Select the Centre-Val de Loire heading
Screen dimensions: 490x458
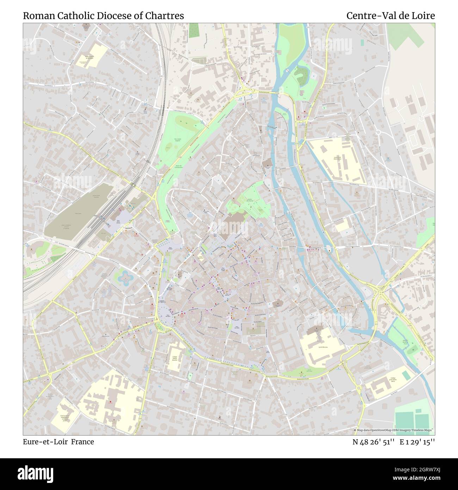[390, 16]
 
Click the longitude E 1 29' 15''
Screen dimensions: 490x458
[417, 442]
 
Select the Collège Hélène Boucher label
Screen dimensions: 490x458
[174, 359]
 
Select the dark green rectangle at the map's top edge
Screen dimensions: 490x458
[193, 30]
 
